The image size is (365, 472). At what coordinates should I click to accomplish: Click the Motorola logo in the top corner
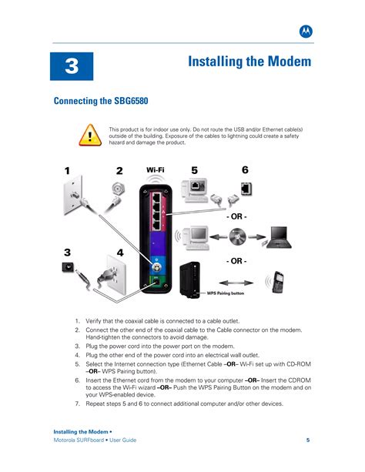coord(305,31)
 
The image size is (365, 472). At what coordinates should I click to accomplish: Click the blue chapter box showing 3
coord(72,66)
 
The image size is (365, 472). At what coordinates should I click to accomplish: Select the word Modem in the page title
coord(286,62)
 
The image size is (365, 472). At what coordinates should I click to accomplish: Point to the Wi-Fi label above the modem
coord(156,170)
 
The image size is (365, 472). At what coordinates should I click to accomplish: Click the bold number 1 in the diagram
coord(67,171)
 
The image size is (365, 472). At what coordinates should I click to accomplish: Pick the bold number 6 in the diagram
coord(245,169)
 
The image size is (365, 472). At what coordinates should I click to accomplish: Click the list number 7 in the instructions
coord(77,403)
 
